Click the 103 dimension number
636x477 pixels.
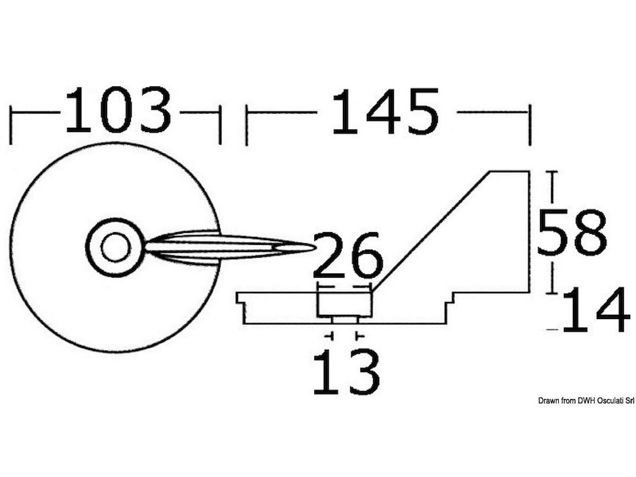tap(119, 110)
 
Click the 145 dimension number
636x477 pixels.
tap(386, 112)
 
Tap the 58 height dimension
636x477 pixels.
tap(572, 232)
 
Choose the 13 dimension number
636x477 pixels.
tap(347, 372)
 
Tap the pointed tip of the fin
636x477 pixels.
tap(315, 247)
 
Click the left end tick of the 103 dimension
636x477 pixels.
tap(11, 125)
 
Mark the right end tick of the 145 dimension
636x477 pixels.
tap(530, 125)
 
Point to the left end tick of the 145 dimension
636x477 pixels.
tap(246, 125)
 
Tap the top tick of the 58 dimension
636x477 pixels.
tap(552, 172)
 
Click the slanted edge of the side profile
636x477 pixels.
tap(431, 232)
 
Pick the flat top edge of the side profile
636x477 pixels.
tap(510, 171)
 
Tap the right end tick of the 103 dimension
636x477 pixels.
tap(220, 125)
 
